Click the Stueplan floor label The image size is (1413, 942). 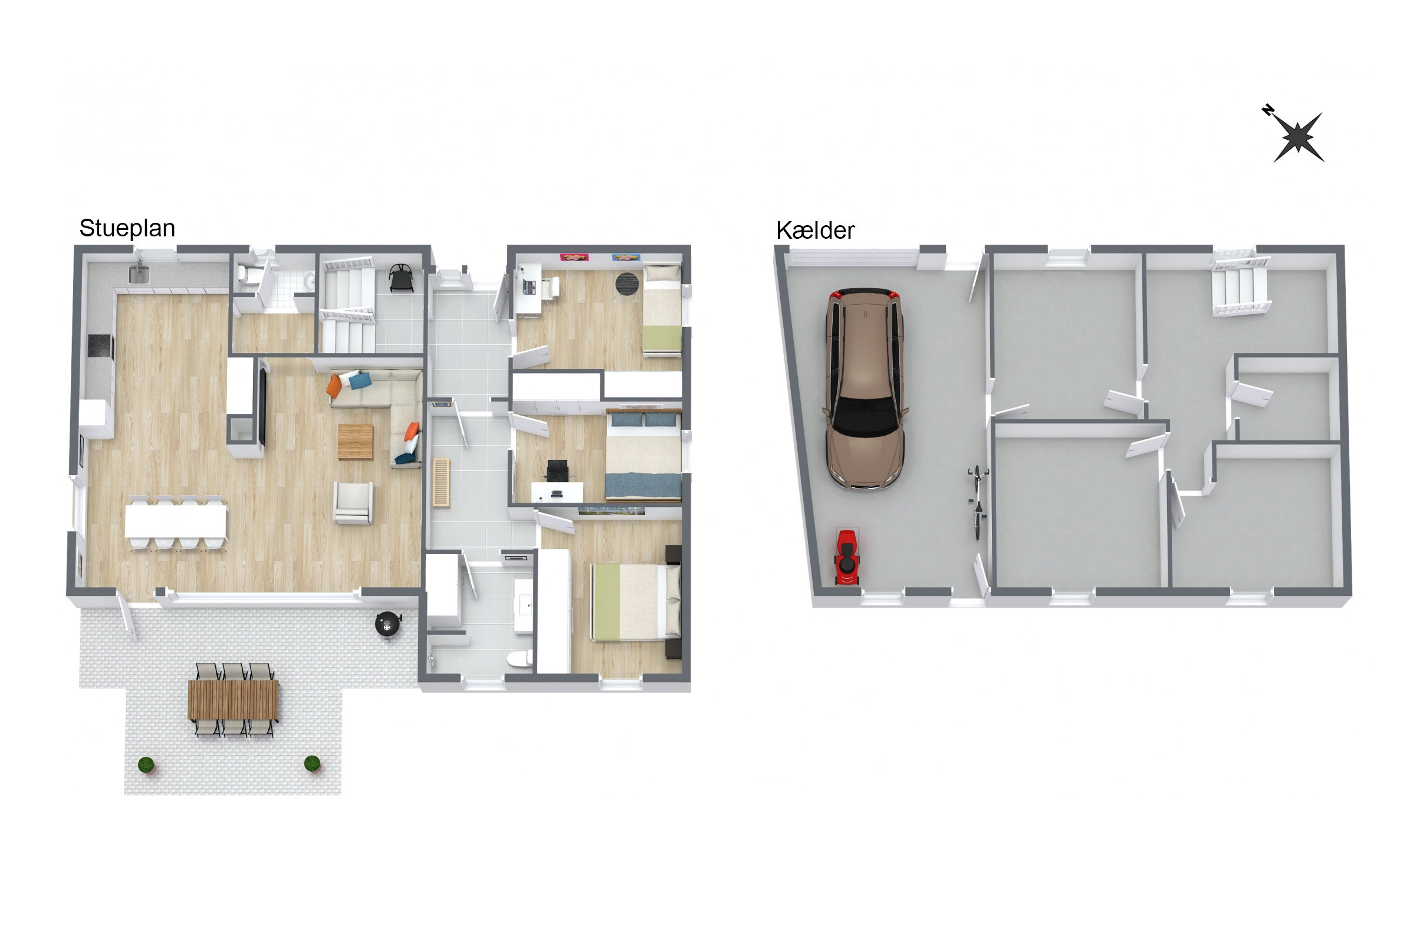point(127,229)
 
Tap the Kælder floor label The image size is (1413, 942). point(815,230)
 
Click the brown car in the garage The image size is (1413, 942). point(865,388)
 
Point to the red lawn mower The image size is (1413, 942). point(847,556)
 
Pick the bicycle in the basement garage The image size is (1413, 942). point(978,502)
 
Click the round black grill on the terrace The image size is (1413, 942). point(387,624)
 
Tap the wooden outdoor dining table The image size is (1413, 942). point(233,700)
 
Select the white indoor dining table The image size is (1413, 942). point(176,522)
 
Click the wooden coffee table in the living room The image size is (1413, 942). point(355,442)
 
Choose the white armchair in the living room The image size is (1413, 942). point(353,503)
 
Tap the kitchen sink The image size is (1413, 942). point(139,275)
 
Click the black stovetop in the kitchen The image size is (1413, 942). point(100,347)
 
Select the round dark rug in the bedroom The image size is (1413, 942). point(627,284)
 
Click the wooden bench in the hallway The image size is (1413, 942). point(441,483)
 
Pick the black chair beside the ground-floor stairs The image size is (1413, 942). point(401,278)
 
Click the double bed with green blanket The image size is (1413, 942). point(635,602)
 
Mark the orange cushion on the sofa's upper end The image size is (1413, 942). point(334,386)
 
